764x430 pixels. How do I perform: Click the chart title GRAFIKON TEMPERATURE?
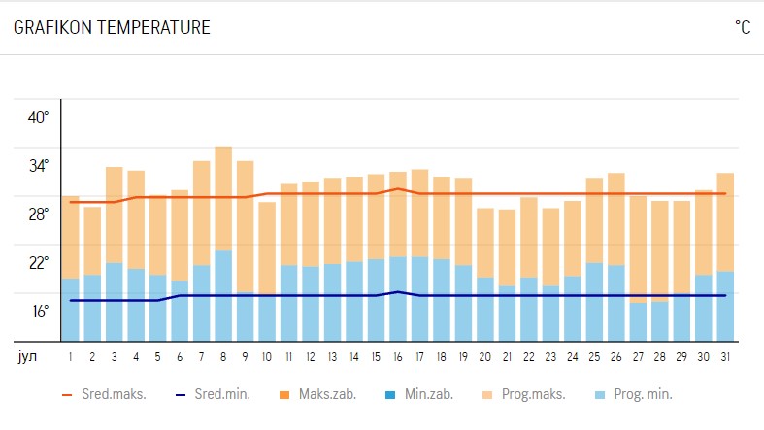112,28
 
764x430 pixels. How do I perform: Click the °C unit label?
743,28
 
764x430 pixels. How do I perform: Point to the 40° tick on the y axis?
38,117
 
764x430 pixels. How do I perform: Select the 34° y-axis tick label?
38,166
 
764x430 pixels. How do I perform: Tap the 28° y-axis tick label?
38,215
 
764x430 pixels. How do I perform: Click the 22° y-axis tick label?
38,263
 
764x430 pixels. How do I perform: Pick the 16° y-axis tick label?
38,312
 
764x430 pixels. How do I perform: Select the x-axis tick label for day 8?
223,356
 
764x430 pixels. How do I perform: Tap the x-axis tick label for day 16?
399,356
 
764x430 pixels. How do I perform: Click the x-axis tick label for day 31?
726,356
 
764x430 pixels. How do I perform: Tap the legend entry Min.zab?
425,394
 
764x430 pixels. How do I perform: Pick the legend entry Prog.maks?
528,394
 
